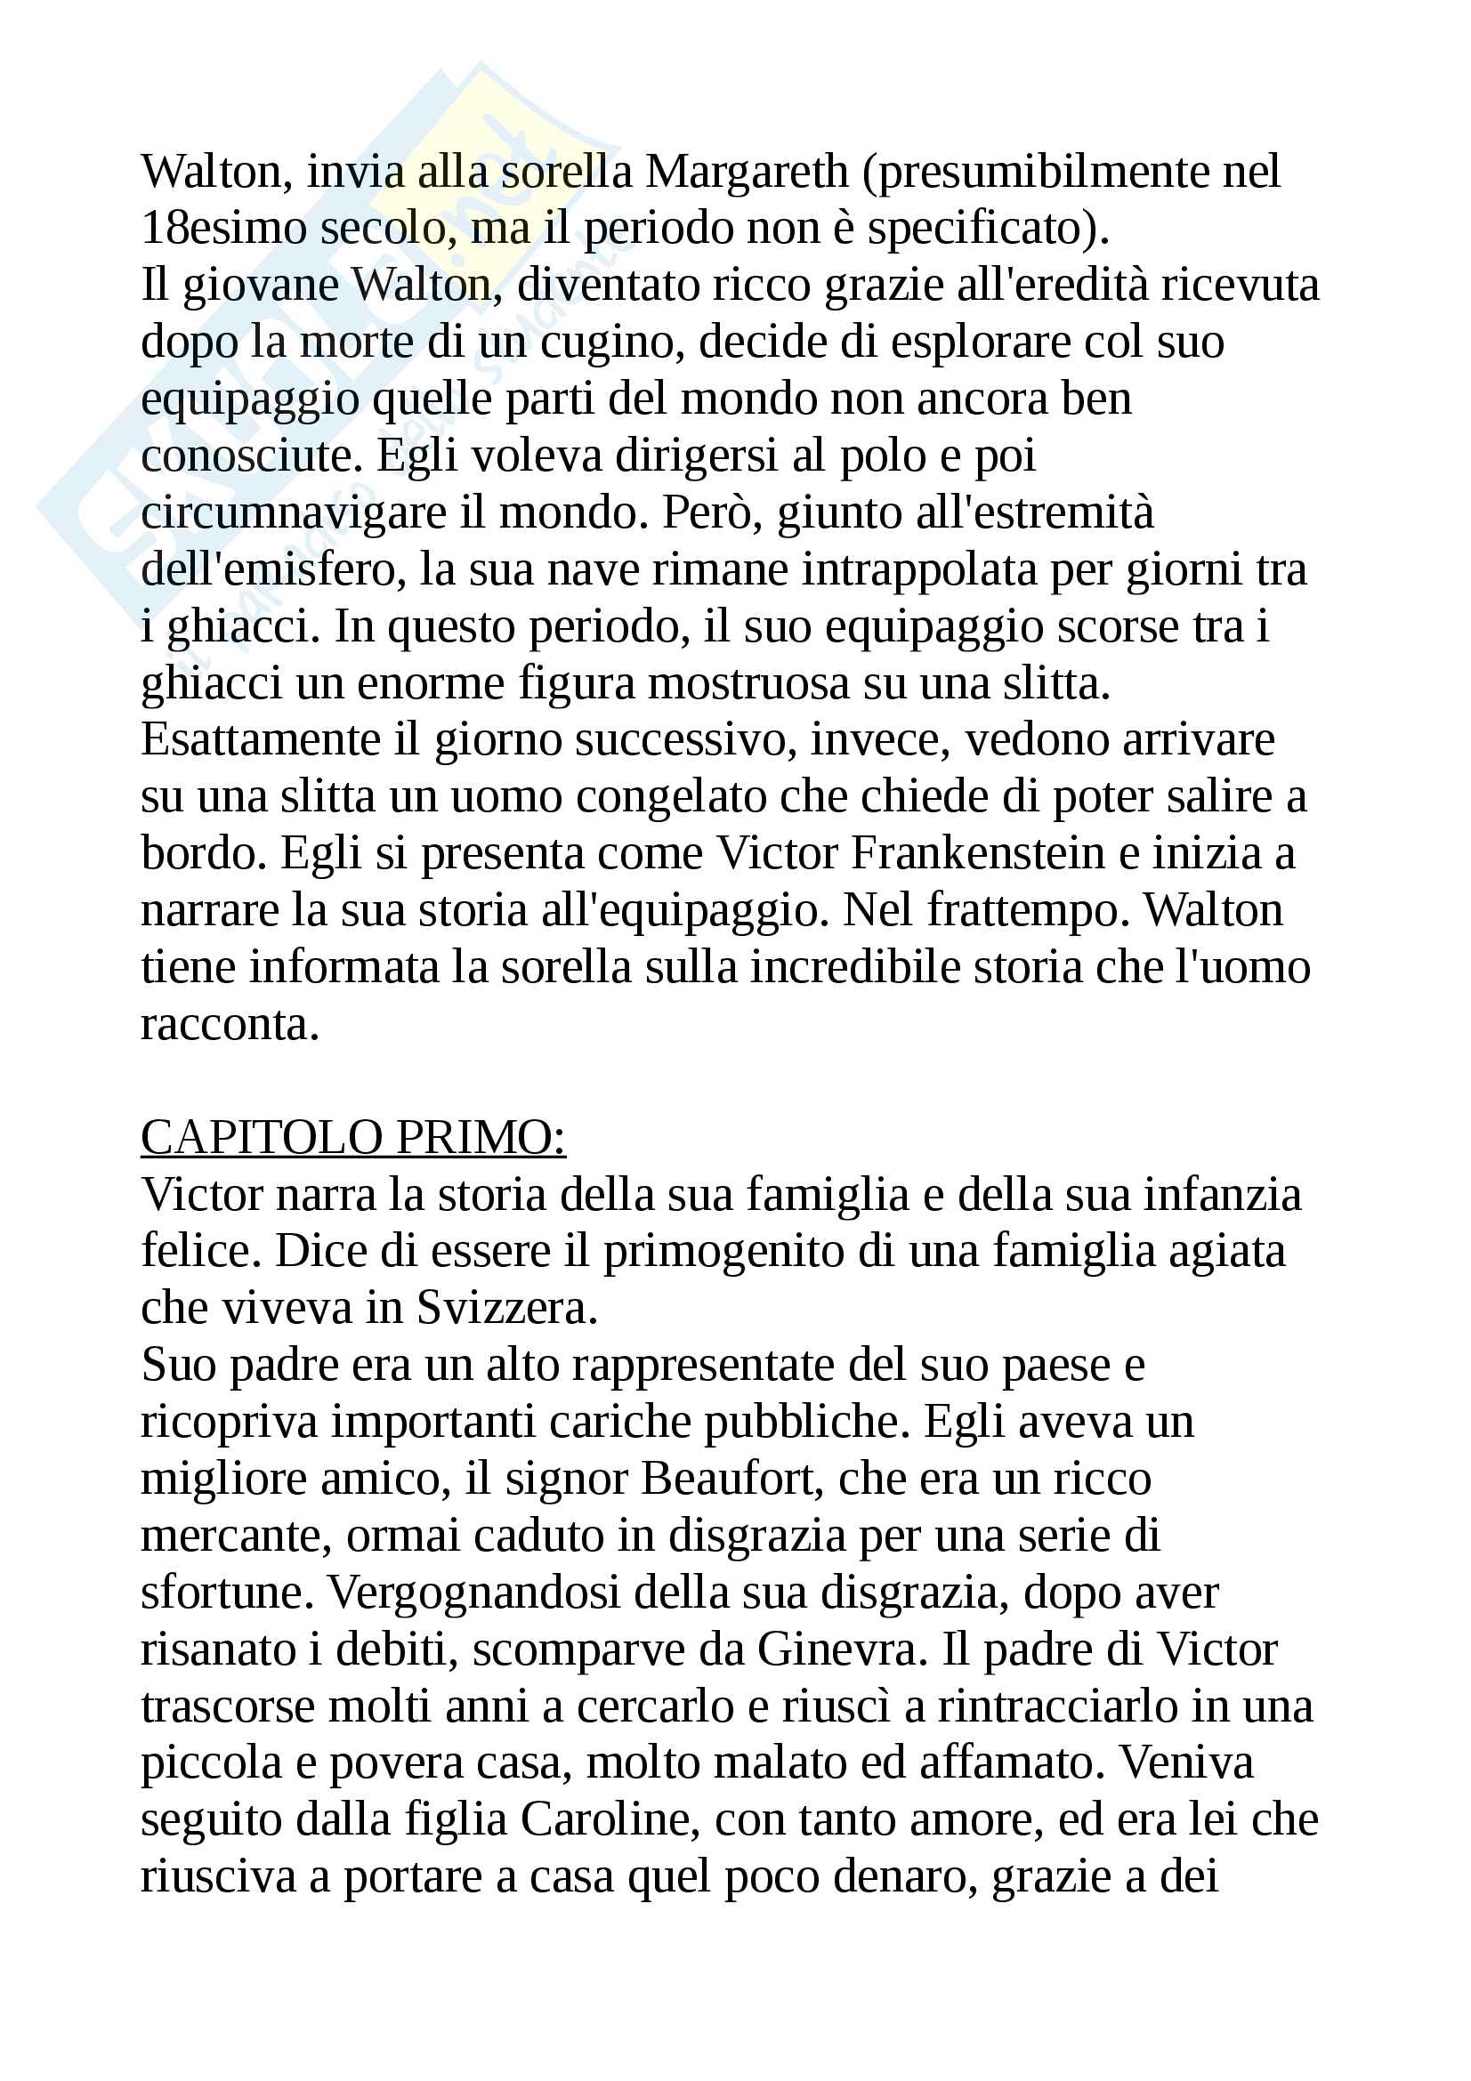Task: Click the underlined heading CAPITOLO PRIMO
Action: point(352,1139)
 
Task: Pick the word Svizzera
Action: point(506,1309)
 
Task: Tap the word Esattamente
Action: point(260,740)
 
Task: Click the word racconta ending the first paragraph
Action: point(230,1025)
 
